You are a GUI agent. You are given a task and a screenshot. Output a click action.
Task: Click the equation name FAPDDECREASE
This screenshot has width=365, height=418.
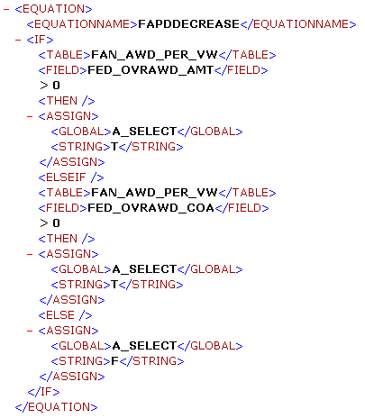tap(188, 24)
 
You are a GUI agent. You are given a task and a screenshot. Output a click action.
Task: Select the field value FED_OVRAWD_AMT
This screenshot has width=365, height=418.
tap(151, 70)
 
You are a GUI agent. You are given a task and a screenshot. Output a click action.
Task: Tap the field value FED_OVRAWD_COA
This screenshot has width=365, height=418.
tap(151, 208)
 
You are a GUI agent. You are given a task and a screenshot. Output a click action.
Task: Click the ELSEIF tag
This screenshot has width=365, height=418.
tap(71, 177)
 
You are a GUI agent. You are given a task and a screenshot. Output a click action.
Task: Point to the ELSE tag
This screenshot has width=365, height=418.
tap(65, 315)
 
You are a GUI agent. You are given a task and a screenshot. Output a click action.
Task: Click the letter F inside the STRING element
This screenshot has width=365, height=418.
tap(114, 360)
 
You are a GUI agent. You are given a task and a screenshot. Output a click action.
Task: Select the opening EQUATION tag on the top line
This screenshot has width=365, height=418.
tap(53, 9)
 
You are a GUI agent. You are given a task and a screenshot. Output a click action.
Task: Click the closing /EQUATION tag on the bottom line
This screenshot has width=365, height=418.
tap(57, 407)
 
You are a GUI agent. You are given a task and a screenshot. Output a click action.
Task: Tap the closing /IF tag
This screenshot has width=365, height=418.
tap(43, 392)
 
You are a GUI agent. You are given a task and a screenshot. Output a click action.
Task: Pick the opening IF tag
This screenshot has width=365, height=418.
tap(40, 40)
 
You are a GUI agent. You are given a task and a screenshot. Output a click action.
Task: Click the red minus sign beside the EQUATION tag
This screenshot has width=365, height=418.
tap(6, 9)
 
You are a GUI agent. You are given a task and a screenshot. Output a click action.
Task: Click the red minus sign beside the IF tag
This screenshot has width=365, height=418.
tap(18, 40)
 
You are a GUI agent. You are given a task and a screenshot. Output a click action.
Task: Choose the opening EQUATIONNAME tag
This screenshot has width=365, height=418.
tap(82, 24)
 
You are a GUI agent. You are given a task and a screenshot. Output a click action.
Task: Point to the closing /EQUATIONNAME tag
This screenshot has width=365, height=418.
tap(298, 24)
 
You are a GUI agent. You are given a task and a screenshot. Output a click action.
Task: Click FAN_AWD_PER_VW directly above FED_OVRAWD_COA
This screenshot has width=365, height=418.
tap(154, 193)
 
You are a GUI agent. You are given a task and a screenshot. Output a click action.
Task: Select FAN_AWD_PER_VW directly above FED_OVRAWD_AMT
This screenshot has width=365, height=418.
tap(154, 55)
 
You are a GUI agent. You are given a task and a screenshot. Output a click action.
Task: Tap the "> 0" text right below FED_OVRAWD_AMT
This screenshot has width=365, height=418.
tap(50, 86)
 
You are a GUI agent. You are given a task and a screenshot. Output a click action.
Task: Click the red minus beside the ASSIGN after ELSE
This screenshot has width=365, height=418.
tap(30, 331)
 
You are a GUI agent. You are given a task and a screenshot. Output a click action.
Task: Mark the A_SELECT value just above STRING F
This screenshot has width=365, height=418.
tap(144, 346)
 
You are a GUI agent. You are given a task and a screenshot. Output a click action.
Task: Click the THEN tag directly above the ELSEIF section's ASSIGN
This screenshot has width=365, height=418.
tap(67, 239)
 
